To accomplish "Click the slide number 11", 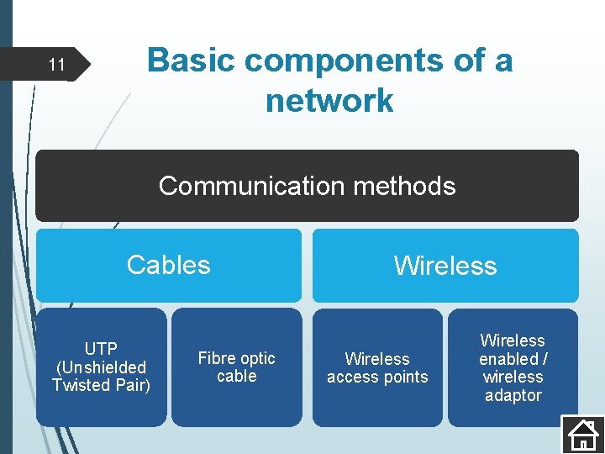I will [56, 65].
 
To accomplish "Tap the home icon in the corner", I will [582, 433].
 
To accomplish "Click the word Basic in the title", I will [190, 61].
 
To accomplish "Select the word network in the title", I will [329, 101].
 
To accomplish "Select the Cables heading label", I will [168, 265].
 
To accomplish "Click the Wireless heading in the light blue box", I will [445, 266].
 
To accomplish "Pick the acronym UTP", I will [101, 349].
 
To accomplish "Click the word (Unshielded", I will [101, 367].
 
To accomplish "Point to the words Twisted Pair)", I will [101, 385].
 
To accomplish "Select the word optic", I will [258, 358].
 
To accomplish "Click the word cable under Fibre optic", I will [237, 377].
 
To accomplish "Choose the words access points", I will [377, 377].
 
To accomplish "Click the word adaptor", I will [513, 395].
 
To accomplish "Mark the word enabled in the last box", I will [508, 359].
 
